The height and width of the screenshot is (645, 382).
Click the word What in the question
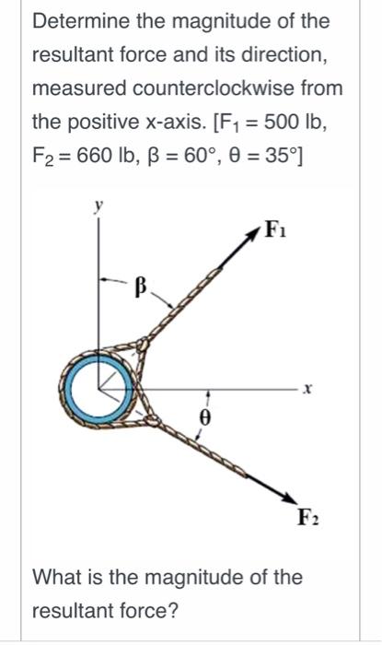point(56,578)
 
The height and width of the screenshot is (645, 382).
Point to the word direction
point(280,55)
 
